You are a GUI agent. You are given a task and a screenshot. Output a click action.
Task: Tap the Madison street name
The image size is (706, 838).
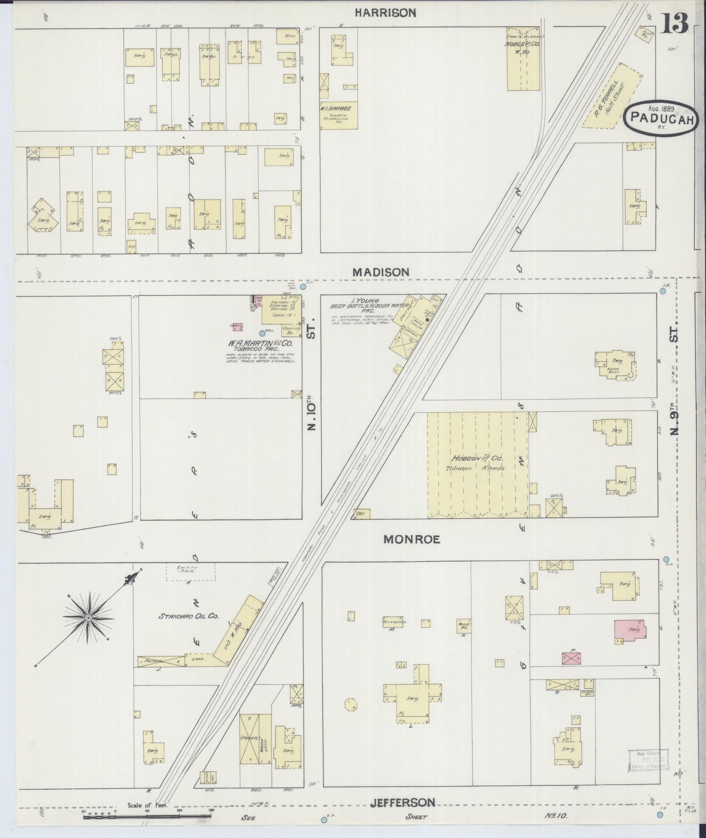(381, 272)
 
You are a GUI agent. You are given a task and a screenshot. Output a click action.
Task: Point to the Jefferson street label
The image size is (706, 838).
(403, 803)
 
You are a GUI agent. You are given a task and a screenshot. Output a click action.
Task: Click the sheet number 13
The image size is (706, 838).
(674, 24)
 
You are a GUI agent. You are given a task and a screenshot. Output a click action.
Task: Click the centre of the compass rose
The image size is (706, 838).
(88, 618)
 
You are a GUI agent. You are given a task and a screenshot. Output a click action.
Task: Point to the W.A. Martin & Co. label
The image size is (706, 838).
(260, 343)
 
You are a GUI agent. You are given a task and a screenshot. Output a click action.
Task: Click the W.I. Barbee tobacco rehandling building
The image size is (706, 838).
(339, 116)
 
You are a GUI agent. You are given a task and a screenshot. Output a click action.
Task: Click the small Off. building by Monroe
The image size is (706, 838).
(361, 513)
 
